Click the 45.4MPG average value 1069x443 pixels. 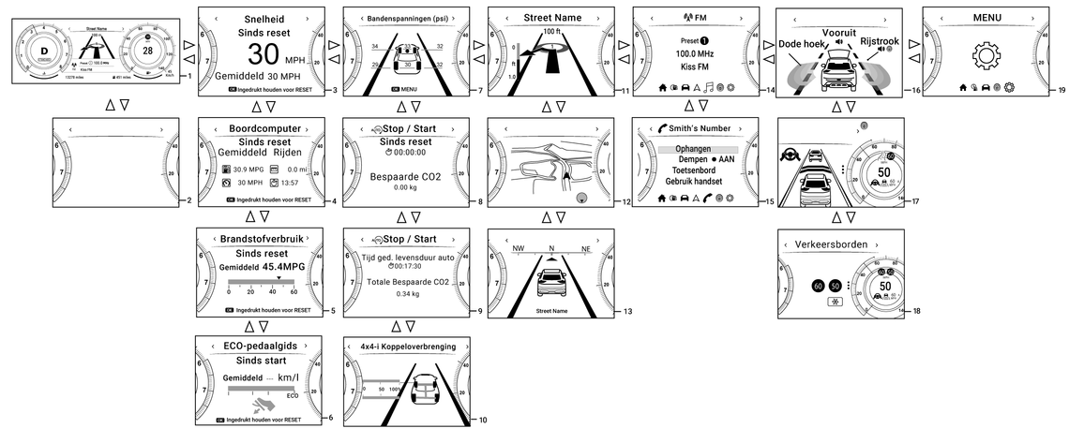click(283, 266)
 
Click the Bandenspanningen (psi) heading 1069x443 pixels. click(406, 18)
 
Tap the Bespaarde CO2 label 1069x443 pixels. click(405, 176)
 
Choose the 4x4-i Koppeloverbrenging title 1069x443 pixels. click(408, 346)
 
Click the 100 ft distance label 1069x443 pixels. click(550, 32)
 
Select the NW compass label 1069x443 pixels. click(518, 249)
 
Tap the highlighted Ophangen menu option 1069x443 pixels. click(693, 149)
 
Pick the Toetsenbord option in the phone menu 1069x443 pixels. click(693, 170)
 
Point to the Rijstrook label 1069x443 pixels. click(879, 41)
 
